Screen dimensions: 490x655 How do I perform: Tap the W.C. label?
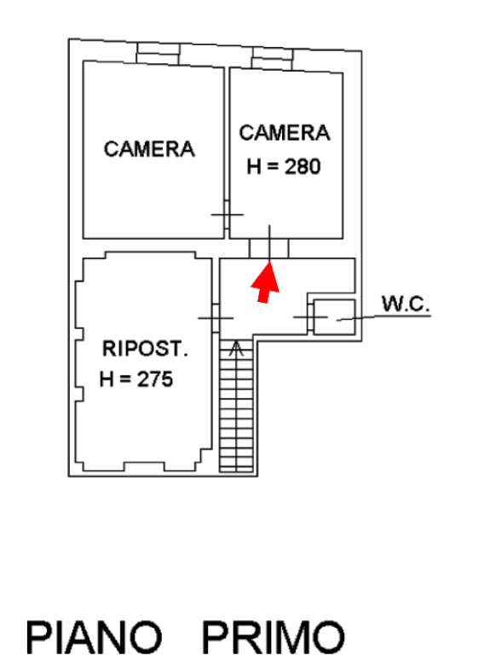click(x=406, y=304)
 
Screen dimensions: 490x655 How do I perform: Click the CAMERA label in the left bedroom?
click(x=149, y=149)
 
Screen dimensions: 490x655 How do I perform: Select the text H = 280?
click(x=284, y=166)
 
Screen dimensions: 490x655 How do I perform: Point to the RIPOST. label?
click(x=145, y=348)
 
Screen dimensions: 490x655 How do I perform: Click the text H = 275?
click(x=136, y=380)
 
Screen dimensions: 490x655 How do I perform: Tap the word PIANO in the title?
click(x=95, y=637)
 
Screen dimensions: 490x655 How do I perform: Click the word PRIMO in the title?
click(x=274, y=637)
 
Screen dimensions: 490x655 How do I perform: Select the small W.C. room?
click(x=334, y=316)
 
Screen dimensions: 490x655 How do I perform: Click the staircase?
click(x=236, y=406)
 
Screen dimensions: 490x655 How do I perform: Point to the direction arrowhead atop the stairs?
click(x=236, y=348)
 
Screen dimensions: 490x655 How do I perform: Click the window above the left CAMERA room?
click(x=159, y=54)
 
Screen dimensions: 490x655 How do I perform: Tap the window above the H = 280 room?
click(x=272, y=59)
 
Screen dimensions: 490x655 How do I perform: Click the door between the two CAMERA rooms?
click(x=227, y=214)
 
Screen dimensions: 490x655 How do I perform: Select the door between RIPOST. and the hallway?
click(x=216, y=318)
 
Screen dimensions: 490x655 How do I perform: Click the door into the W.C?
click(x=310, y=317)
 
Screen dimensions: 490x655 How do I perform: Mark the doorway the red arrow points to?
click(x=269, y=248)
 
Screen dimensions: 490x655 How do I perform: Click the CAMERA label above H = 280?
click(x=285, y=133)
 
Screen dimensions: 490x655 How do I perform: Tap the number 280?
click(x=303, y=166)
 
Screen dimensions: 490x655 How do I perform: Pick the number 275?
click(x=155, y=380)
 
